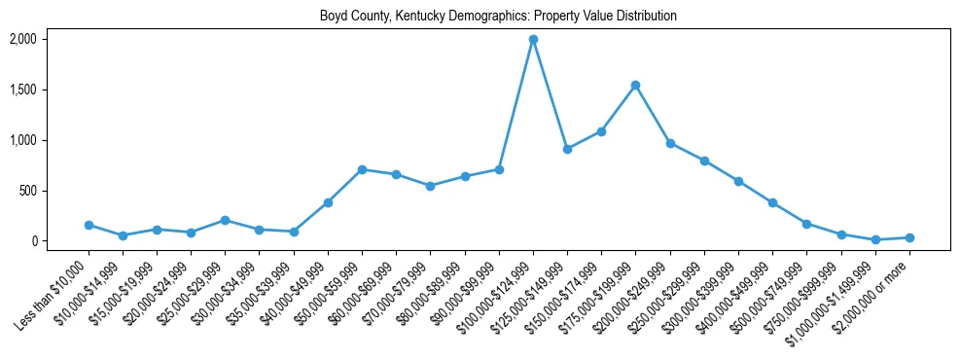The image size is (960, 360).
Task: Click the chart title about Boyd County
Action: coord(498,16)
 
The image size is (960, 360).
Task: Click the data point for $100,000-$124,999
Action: coord(533,39)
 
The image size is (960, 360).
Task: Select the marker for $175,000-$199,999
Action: coord(635,85)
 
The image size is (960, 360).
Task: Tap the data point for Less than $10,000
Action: coord(89,225)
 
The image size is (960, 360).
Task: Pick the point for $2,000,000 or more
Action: coord(909,237)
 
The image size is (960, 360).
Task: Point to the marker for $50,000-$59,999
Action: coord(362,169)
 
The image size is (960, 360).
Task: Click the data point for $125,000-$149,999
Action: coord(567,149)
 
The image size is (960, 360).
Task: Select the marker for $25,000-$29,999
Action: coord(225,220)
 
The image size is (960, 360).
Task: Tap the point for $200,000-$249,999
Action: coord(670,143)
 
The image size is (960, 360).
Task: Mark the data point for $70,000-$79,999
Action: coord(430,186)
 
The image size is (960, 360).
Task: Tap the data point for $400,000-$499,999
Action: coord(772,202)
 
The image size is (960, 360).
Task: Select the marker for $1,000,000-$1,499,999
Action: coord(875,239)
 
